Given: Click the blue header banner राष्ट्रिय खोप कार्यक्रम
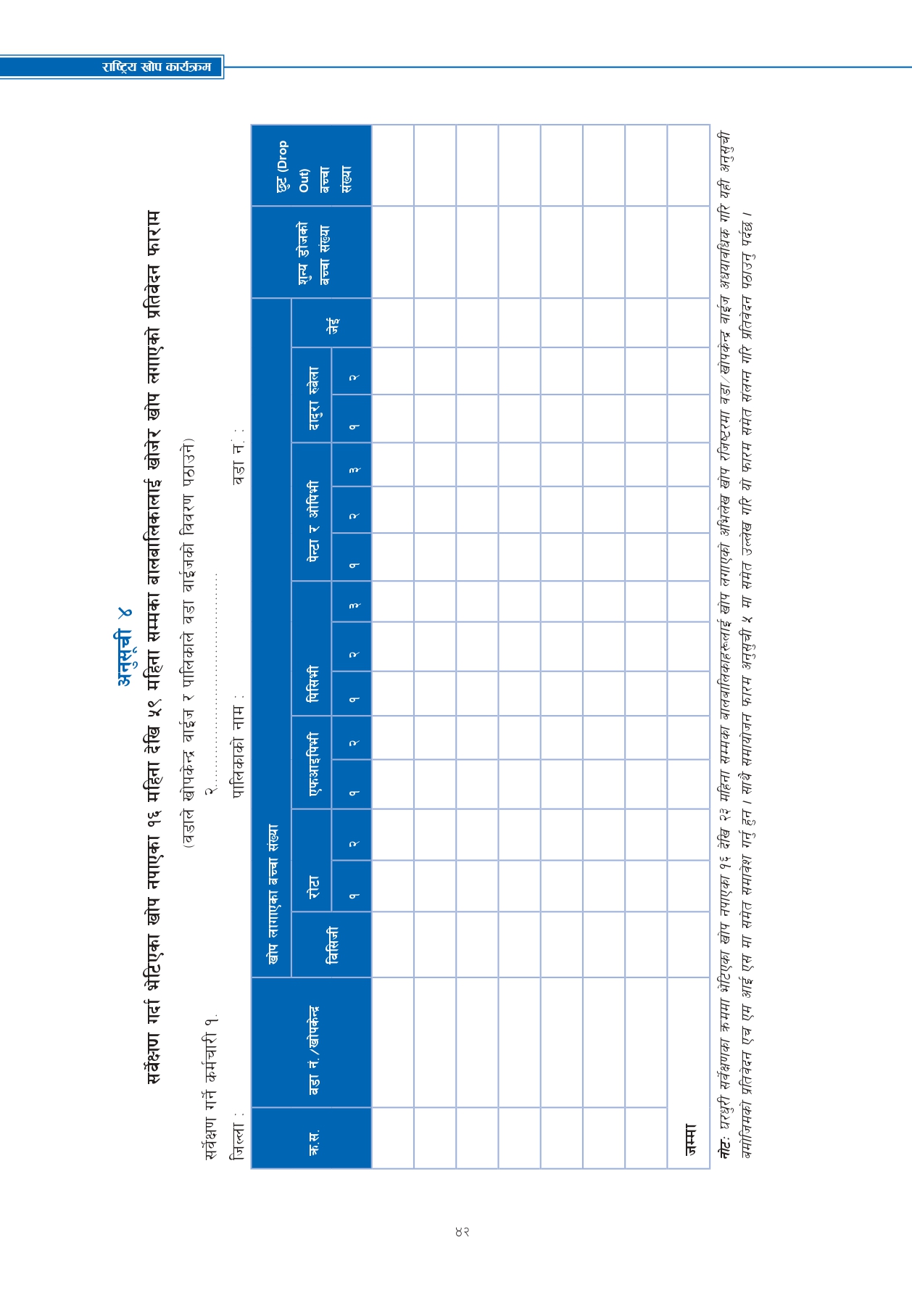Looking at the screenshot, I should pos(157,67).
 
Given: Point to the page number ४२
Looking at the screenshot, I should pos(462,1231).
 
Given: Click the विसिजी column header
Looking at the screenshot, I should pos(332,945).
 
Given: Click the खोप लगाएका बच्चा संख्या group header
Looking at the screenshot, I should pos(273,893).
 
